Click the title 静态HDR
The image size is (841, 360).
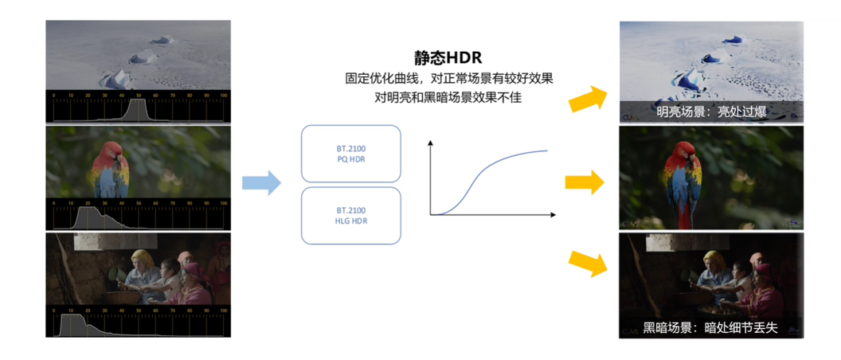click(x=448, y=58)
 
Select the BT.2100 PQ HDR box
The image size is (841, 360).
click(x=350, y=154)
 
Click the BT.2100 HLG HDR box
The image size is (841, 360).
click(x=350, y=215)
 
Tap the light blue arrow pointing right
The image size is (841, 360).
click(x=262, y=182)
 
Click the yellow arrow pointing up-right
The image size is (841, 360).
click(x=587, y=100)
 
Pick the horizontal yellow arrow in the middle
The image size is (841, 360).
click(x=585, y=183)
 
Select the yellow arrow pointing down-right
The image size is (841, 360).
click(x=587, y=263)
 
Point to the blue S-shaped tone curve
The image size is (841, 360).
click(x=486, y=177)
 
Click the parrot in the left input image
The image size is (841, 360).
click(x=111, y=169)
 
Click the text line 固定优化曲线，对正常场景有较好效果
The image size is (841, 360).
click(x=448, y=80)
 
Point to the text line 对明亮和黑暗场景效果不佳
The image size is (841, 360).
click(x=448, y=98)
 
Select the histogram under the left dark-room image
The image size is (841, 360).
click(x=139, y=323)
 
